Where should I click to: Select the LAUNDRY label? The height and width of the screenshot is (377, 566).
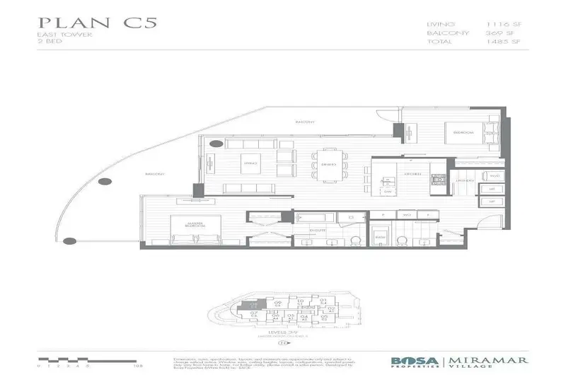[x=464, y=181]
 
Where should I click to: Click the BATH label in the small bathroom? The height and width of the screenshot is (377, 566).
[x=380, y=236]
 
